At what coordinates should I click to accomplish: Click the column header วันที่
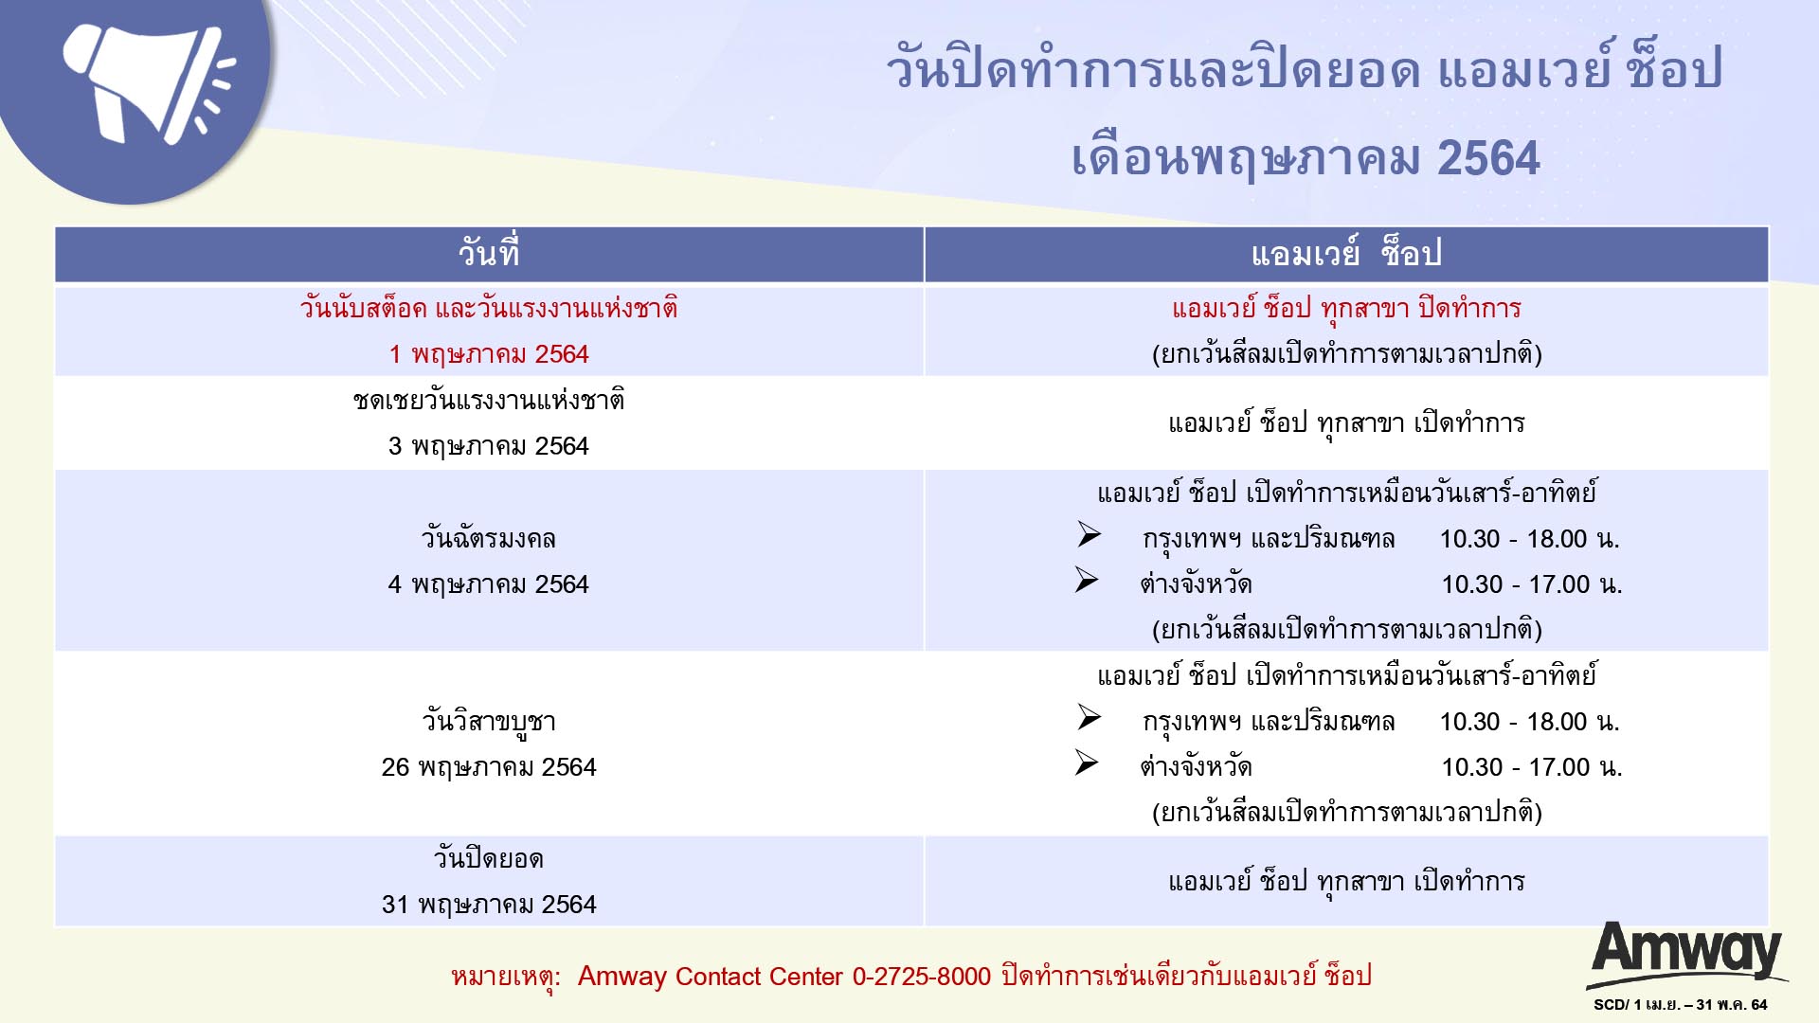tap(489, 254)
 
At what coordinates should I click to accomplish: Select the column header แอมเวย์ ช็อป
tap(1346, 254)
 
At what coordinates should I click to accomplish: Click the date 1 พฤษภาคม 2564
tap(489, 354)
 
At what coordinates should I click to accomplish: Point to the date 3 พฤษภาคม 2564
tap(489, 446)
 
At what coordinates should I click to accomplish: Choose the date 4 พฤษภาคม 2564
tap(489, 584)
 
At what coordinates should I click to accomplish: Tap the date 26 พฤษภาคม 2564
tap(489, 767)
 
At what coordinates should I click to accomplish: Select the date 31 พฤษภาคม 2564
tap(489, 905)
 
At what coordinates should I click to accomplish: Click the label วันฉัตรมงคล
tap(489, 539)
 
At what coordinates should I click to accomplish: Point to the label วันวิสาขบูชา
tap(489, 722)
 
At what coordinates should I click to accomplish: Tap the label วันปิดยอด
tap(489, 859)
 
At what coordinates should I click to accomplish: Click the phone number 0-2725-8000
tap(922, 977)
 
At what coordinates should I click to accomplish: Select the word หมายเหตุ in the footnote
tap(505, 978)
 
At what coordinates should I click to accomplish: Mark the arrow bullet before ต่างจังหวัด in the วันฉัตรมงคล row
tap(1087, 580)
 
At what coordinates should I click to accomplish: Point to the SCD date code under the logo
tap(1681, 1005)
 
